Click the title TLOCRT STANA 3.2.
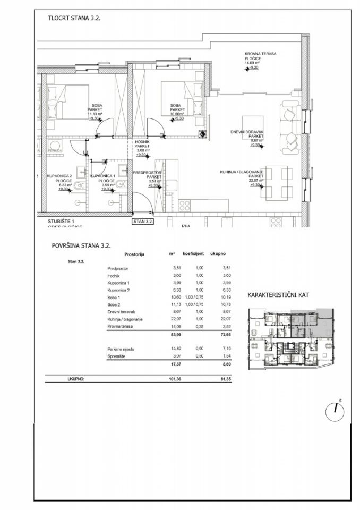click(74, 18)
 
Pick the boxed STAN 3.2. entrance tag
click(143, 222)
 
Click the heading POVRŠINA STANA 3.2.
click(81, 245)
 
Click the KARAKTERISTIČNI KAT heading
click(279, 295)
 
